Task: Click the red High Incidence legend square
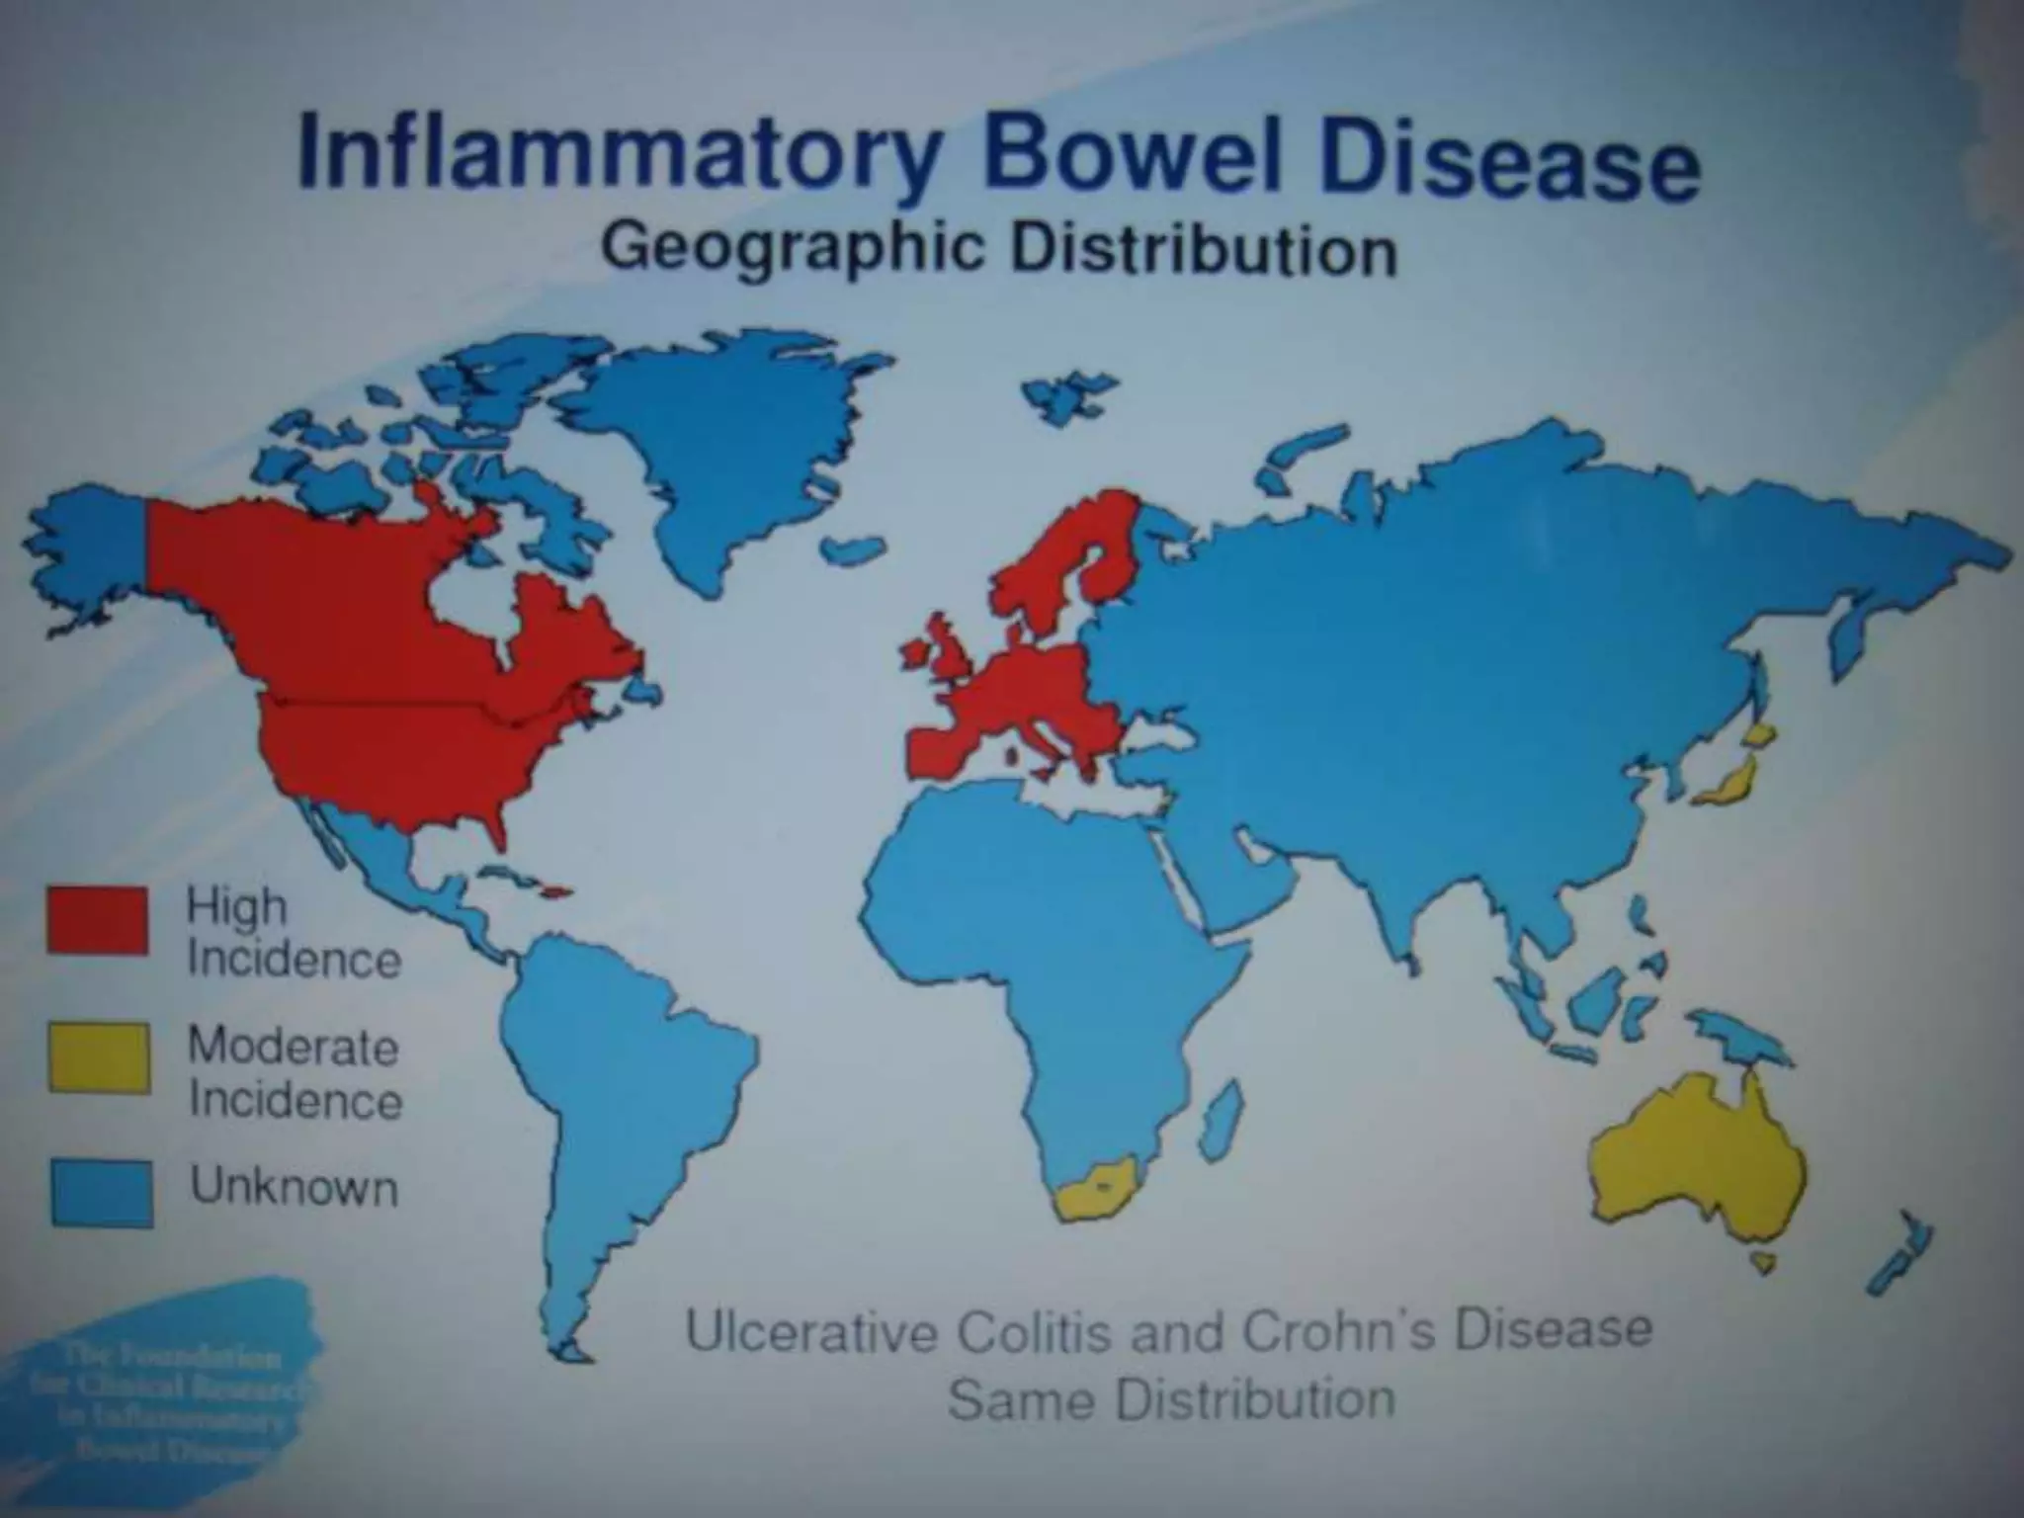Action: tap(97, 920)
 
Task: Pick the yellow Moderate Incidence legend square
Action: tap(99, 1058)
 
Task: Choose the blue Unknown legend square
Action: tap(101, 1194)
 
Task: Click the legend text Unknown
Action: tap(295, 1185)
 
